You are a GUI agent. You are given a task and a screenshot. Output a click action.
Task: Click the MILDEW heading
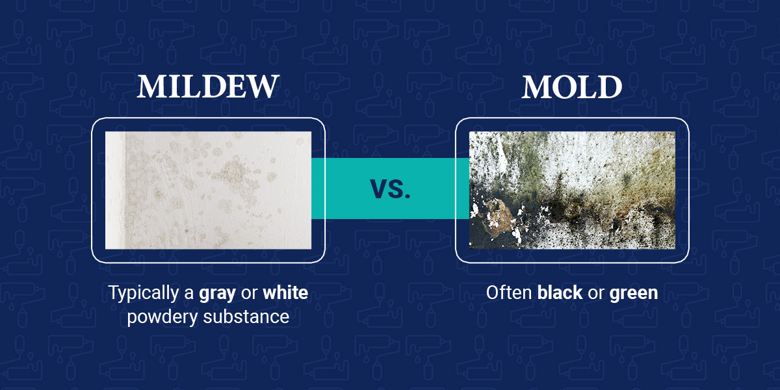208,86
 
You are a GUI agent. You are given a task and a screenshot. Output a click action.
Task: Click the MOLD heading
572,86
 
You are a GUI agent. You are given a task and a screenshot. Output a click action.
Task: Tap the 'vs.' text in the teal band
390,188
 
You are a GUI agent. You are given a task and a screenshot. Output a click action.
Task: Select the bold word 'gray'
217,293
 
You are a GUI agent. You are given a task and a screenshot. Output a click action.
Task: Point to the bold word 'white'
285,292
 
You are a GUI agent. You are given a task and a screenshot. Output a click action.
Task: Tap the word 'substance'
246,317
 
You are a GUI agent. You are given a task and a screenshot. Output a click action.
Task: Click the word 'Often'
509,292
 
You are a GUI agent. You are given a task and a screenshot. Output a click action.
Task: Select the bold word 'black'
560,292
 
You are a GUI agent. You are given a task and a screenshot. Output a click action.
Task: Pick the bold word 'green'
633,293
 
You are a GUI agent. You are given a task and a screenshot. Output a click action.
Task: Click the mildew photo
208,190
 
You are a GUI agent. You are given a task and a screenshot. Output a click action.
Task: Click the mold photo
572,190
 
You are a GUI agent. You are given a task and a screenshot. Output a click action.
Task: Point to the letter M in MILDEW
151,86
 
